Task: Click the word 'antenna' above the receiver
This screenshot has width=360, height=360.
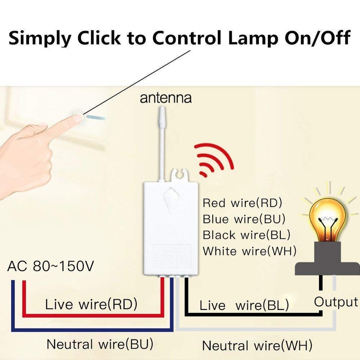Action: coord(166,98)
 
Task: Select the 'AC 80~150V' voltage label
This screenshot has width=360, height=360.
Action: coord(51,266)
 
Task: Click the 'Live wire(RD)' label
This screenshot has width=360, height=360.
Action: coord(91,304)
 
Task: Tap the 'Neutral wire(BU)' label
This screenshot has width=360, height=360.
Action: coord(100,344)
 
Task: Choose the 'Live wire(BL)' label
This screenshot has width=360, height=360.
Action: coord(244,306)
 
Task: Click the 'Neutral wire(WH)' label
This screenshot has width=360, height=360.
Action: coord(257,346)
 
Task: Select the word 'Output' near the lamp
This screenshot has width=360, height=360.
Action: coord(336,302)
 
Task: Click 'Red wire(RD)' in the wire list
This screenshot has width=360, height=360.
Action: coord(242,203)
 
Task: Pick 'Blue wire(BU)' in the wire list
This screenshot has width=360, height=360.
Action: coord(244,219)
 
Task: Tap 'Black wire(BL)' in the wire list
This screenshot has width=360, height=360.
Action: coord(246,235)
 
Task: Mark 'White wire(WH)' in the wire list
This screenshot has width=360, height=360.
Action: coord(250,251)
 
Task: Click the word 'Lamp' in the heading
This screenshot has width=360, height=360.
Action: coord(253,38)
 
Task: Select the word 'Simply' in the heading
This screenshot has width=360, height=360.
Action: coord(40,38)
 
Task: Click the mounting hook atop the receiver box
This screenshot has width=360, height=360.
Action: coord(181,175)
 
